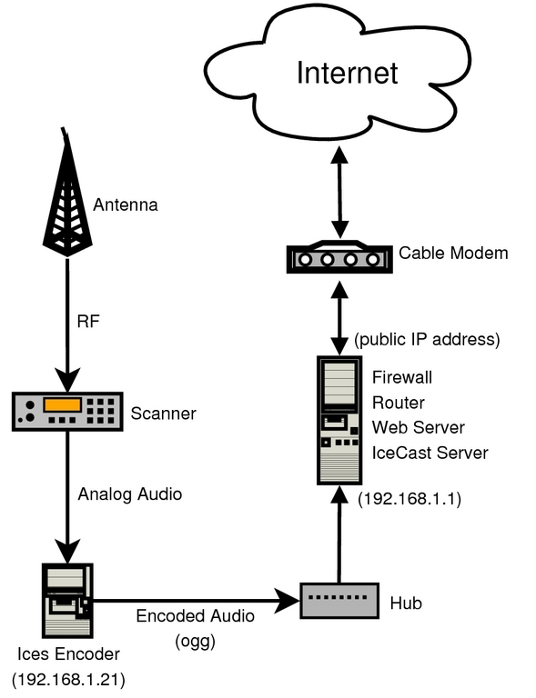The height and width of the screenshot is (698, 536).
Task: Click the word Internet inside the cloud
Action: (x=347, y=72)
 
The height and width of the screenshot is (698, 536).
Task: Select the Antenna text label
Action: (x=126, y=204)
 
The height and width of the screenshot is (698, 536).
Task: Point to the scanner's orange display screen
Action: (x=65, y=404)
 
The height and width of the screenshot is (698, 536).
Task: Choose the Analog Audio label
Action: (x=130, y=495)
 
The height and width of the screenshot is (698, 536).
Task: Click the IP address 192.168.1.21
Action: (x=68, y=679)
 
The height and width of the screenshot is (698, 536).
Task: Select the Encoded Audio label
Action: (x=195, y=615)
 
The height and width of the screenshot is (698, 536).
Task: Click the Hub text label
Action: (x=405, y=603)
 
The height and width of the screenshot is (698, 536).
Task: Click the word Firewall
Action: (x=401, y=376)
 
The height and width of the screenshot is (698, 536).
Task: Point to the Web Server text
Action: (x=418, y=427)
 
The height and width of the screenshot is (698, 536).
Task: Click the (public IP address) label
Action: (x=427, y=341)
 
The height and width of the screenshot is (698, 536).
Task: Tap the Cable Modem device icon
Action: (x=339, y=257)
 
